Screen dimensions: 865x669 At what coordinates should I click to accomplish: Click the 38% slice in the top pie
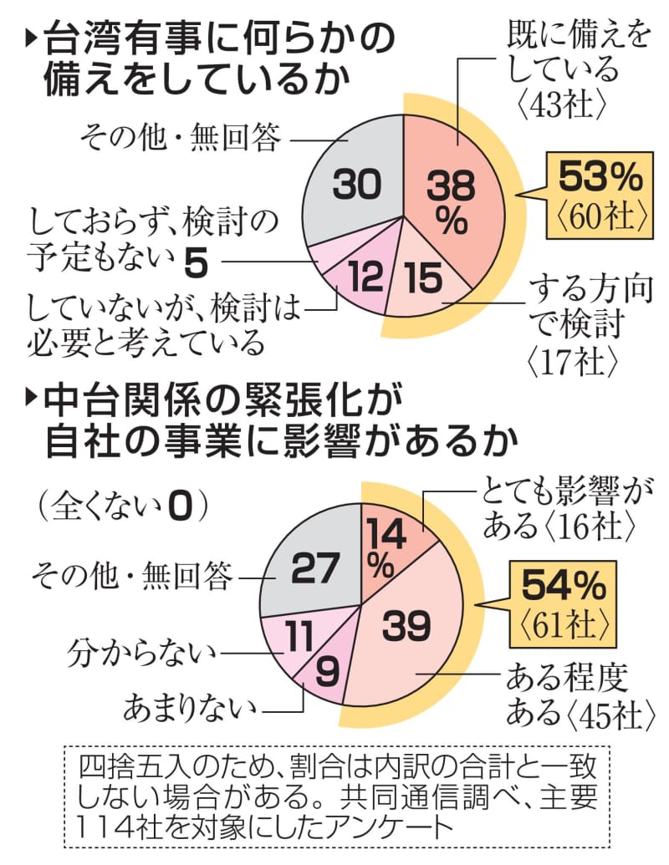[452, 196]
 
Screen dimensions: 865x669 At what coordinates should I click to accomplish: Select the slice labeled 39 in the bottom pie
[410, 623]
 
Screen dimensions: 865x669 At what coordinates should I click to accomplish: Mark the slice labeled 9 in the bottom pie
[328, 669]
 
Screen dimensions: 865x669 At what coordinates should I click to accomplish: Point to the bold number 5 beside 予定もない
[194, 263]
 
